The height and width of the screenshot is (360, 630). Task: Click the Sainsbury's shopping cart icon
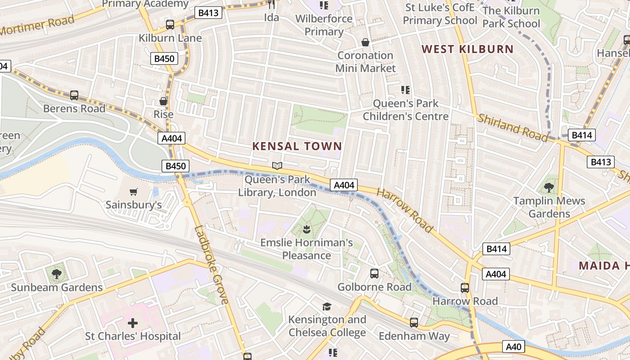click(x=133, y=192)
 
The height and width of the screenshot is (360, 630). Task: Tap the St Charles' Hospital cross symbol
click(x=133, y=323)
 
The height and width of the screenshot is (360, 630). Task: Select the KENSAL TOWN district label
click(x=297, y=146)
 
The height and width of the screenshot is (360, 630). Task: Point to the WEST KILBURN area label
click(x=468, y=49)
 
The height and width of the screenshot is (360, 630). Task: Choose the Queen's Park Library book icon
click(x=277, y=166)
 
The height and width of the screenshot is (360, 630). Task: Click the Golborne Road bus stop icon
click(x=374, y=273)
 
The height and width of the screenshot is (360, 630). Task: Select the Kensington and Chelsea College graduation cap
click(x=327, y=306)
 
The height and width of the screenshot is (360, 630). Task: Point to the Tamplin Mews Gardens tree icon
click(x=549, y=187)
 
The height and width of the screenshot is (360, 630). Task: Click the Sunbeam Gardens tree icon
click(x=56, y=274)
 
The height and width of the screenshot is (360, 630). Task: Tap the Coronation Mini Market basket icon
click(x=365, y=42)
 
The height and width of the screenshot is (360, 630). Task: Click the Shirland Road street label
click(x=513, y=128)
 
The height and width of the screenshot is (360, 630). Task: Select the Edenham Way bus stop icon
click(x=414, y=322)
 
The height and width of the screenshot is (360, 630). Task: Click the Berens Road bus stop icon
click(x=74, y=95)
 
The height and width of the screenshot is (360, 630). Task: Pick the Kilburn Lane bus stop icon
click(x=170, y=25)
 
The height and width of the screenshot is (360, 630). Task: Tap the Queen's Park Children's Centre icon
click(x=405, y=90)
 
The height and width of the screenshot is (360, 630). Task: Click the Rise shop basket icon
click(x=163, y=101)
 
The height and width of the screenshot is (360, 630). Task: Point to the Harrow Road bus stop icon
click(x=465, y=288)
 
